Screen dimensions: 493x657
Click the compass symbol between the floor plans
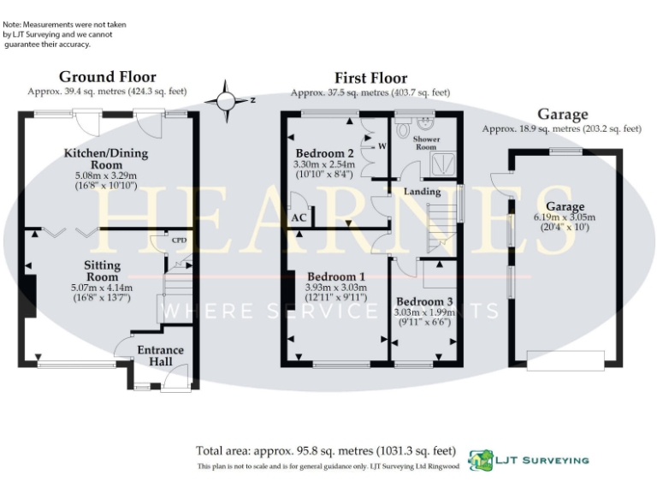227,99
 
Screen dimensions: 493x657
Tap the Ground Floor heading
108,77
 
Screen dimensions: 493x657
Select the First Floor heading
370,78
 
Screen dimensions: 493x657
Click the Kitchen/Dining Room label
106,158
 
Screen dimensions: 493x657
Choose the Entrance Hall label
160,355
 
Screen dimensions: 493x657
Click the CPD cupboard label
179,241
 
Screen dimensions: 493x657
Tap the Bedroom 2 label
318,153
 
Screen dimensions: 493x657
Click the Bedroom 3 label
423,302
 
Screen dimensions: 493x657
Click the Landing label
423,192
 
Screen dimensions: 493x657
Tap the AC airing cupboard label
299,218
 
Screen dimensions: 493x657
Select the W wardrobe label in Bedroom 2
382,146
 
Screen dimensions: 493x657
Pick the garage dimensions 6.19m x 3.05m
565,217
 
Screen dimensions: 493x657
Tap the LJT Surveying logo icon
481,460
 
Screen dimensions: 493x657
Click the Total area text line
326,450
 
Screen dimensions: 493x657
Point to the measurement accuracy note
64,34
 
